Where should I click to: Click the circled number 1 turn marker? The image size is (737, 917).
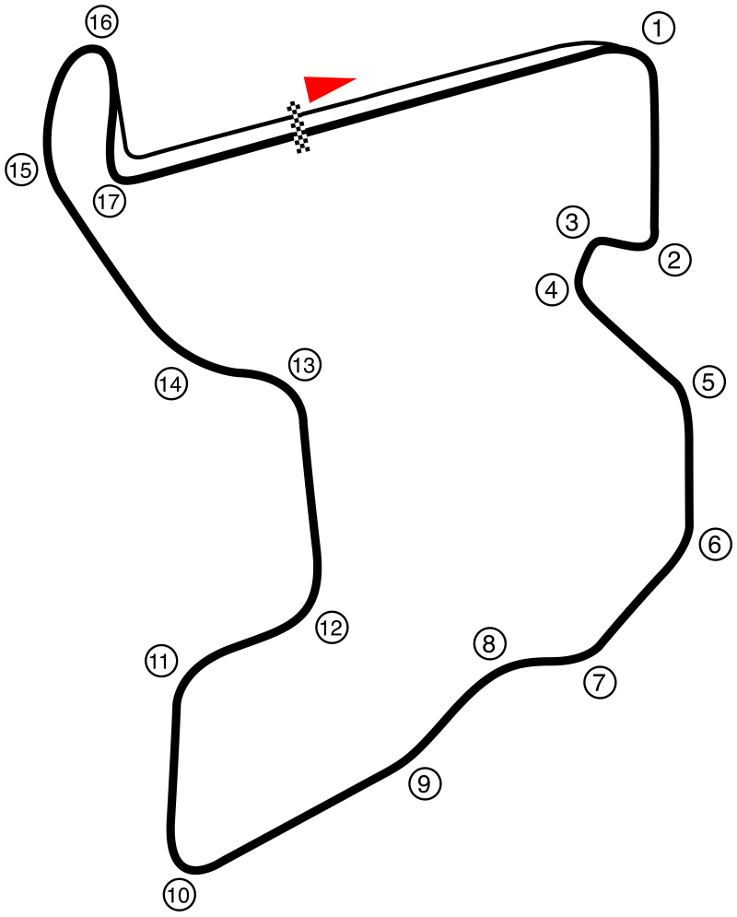(x=659, y=28)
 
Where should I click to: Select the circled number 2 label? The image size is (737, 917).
(x=675, y=260)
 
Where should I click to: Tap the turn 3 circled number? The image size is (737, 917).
(x=572, y=222)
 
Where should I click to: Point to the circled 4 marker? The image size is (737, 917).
(x=553, y=289)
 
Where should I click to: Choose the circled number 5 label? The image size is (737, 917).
(x=709, y=382)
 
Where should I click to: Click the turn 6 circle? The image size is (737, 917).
(x=716, y=545)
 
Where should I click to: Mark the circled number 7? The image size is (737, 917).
(x=600, y=683)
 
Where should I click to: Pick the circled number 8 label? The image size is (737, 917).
(x=489, y=644)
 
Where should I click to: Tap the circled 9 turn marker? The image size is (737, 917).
(x=425, y=783)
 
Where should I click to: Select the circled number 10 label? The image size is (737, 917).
(x=180, y=895)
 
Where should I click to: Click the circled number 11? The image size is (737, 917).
(x=160, y=662)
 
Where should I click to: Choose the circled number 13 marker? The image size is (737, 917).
(x=305, y=365)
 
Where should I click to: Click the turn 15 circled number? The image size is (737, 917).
(x=21, y=170)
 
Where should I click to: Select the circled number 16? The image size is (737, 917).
(x=101, y=22)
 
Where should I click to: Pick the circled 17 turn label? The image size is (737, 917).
(x=110, y=202)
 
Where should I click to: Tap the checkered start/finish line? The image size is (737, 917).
(x=298, y=127)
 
